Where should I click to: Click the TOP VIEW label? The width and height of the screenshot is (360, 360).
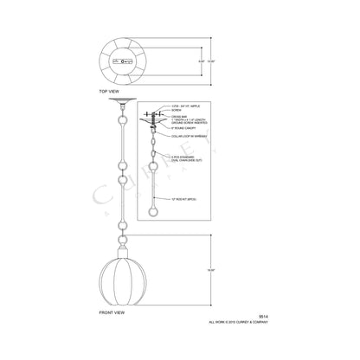click(x=110, y=90)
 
